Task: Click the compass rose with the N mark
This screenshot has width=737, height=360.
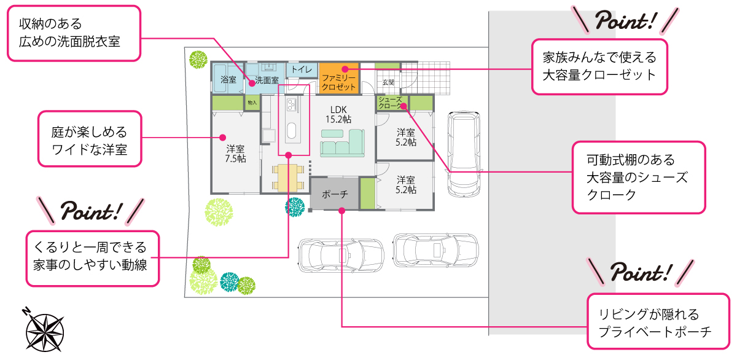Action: tap(44, 330)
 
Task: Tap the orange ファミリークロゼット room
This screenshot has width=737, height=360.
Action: tap(339, 78)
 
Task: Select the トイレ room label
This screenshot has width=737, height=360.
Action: tap(302, 69)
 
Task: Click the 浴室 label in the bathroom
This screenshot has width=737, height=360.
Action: tap(228, 80)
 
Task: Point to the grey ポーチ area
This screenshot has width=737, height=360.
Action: tap(335, 194)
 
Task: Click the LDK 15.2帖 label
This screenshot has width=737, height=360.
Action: tap(338, 114)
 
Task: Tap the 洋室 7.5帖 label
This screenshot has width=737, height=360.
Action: tap(235, 154)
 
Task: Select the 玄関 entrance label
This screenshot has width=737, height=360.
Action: tap(388, 82)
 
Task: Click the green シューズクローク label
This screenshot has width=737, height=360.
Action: tap(391, 103)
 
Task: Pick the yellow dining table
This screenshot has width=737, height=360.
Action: tap(288, 178)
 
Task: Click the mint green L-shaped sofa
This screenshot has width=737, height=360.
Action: tap(343, 143)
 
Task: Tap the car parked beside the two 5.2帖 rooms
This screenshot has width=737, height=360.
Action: tap(464, 154)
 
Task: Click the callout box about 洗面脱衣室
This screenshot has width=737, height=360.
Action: tap(74, 33)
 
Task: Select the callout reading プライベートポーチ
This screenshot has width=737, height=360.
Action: tap(658, 321)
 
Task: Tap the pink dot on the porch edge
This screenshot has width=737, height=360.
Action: tap(342, 211)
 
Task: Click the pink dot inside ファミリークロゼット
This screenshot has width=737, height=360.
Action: tap(345, 69)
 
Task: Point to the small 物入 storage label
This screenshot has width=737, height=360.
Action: tap(252, 103)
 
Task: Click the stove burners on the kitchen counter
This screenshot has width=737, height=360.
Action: tap(292, 104)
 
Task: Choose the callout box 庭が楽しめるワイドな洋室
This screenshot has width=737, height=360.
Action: tap(90, 139)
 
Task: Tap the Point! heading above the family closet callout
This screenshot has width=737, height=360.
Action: tap(626, 21)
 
